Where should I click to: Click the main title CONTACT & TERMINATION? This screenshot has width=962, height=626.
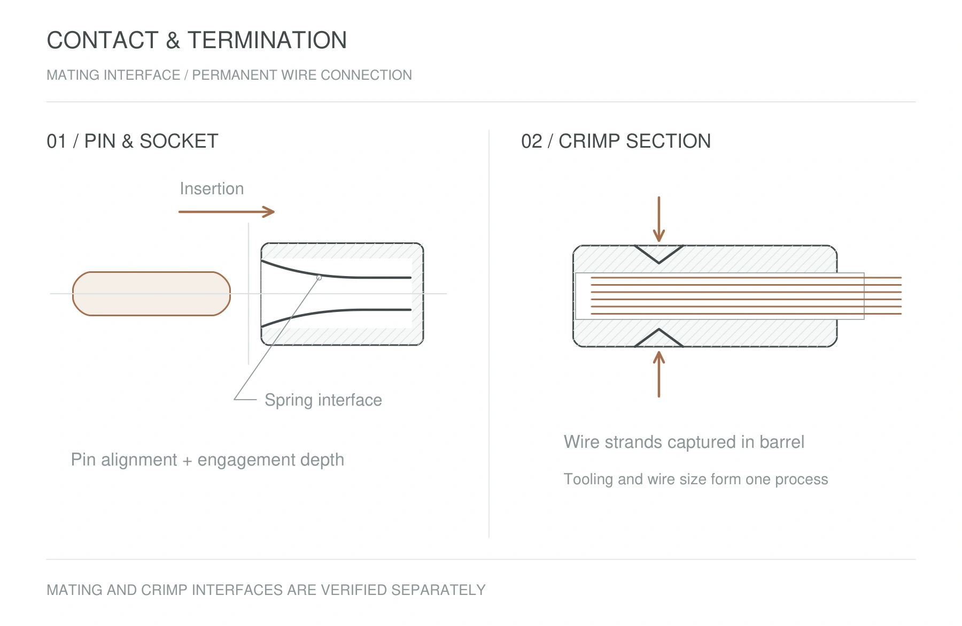pyautogui.click(x=197, y=40)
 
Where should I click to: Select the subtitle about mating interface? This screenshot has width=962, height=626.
pyautogui.click(x=229, y=75)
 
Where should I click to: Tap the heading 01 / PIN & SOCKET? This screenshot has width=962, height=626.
pyautogui.click(x=133, y=141)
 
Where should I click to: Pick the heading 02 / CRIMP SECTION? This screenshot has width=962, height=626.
pyautogui.click(x=616, y=141)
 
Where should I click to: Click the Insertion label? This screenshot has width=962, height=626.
pyautogui.click(x=212, y=188)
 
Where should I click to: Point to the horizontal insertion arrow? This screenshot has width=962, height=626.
pyautogui.click(x=227, y=212)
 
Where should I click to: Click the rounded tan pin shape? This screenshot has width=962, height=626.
pyautogui.click(x=151, y=294)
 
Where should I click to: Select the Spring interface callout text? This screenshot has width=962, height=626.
pyautogui.click(x=323, y=400)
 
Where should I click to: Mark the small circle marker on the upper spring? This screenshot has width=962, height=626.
pyautogui.click(x=319, y=278)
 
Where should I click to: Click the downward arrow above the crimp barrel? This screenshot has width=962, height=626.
pyautogui.click(x=659, y=219)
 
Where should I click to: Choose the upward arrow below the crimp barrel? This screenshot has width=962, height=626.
pyautogui.click(x=659, y=374)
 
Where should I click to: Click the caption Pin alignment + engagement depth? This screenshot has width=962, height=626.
pyautogui.click(x=207, y=460)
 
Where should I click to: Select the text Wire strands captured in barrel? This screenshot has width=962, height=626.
pyautogui.click(x=684, y=442)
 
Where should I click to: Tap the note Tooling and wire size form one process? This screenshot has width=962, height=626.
pyautogui.click(x=695, y=479)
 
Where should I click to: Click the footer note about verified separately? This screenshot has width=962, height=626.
pyautogui.click(x=266, y=590)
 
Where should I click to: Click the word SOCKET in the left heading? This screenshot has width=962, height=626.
pyautogui.click(x=179, y=141)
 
